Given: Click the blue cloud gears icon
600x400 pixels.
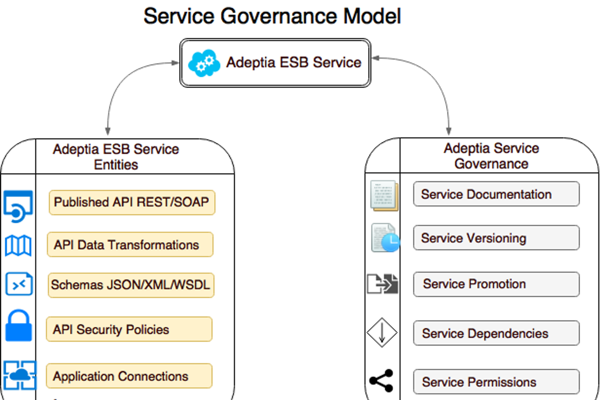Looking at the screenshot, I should coord(204,63).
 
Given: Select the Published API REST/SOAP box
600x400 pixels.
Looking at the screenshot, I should coord(132,203).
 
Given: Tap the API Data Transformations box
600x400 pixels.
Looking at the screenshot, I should coord(130,245).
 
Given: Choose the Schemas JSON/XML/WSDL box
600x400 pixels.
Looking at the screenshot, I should coord(131,285).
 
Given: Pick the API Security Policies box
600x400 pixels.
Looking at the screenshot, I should coord(129,329).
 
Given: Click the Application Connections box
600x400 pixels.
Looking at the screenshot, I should coord(129,376).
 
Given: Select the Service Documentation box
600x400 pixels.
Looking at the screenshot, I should coord(496,194).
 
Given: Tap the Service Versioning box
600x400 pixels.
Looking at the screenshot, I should coord(496,238).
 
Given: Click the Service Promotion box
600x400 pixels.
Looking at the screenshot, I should coord(496,284).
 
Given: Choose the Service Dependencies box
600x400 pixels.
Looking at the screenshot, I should coord(496,333).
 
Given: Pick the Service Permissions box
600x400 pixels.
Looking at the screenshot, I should coord(496,382).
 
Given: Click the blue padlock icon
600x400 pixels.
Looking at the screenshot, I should coord(18,326).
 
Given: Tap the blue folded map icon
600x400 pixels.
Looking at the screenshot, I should coord(18,246).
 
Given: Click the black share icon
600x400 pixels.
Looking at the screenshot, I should coord(382,381).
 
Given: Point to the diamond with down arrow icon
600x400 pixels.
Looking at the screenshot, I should coord(382,332).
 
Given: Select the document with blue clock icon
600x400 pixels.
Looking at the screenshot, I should coord(385,238).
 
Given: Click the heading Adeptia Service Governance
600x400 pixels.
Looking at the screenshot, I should coord(491,156).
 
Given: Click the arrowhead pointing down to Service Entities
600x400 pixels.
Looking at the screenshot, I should coord(108,131).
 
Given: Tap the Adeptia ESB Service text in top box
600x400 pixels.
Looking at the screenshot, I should coord(293,62).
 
